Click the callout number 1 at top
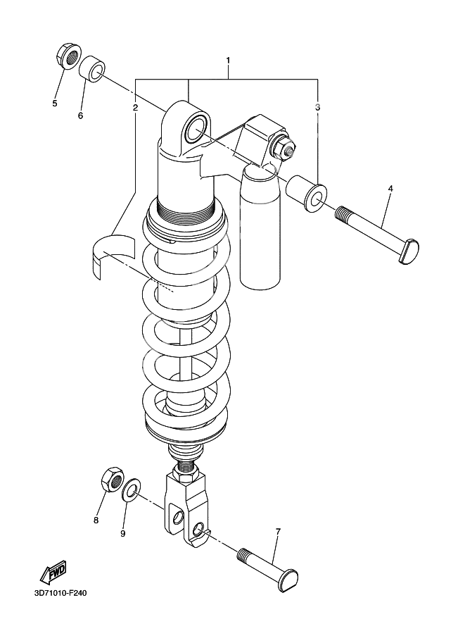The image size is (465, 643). (228, 61)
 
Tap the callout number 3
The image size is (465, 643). (318, 107)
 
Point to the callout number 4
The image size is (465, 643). (390, 189)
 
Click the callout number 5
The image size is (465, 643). (54, 104)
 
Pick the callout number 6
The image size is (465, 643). (80, 115)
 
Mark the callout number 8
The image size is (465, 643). (96, 520)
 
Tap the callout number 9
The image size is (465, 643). (122, 533)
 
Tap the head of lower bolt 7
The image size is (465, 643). (288, 579)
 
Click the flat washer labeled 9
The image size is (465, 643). (130, 490)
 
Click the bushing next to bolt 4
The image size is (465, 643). (307, 192)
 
